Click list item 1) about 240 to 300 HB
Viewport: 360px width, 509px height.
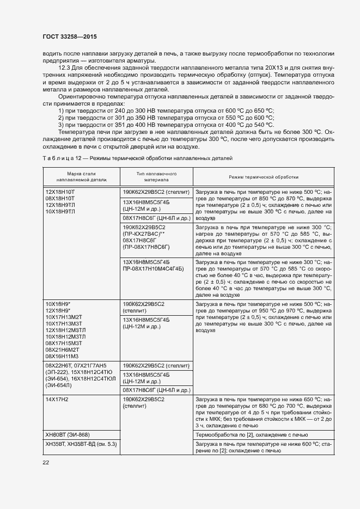166,111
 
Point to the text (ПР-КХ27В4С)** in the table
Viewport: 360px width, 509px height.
144,233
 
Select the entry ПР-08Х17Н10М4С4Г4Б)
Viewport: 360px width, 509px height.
154,268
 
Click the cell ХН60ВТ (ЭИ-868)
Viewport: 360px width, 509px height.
68,434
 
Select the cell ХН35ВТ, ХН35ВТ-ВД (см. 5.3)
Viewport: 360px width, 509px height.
81,444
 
